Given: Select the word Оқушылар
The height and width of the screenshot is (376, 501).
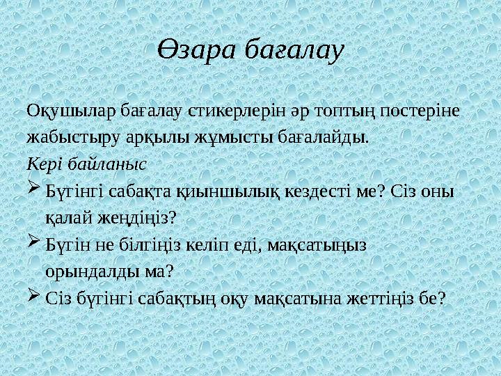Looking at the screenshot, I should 61,111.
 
